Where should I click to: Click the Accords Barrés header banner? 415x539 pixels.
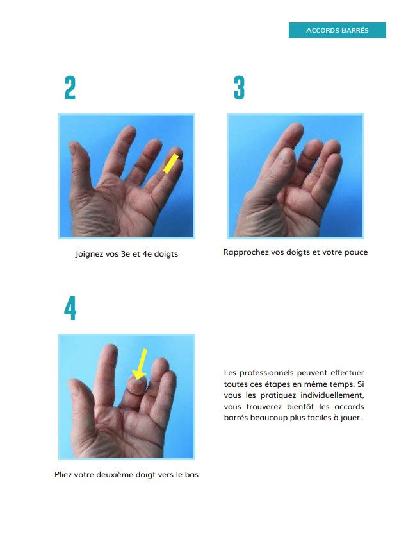coord(337,30)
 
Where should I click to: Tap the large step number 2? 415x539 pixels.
coord(70,88)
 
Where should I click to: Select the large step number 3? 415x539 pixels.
coord(239,88)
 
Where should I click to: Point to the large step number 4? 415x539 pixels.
coord(70,309)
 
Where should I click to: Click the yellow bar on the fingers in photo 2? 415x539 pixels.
coord(171,163)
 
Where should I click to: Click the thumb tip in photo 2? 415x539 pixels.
coord(73,147)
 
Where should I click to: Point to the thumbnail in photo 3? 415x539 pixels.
coord(284,157)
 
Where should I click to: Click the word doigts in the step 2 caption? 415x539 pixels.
coord(166,254)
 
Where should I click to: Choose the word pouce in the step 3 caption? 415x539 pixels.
coord(356,252)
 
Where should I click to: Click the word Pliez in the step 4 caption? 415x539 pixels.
coord(63,475)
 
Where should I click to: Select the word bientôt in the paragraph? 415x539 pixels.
coord(300,407)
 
